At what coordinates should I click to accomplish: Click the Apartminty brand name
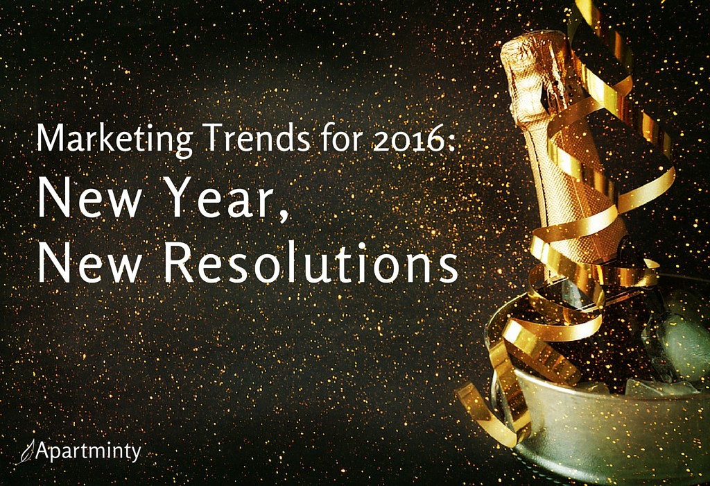pos(88,451)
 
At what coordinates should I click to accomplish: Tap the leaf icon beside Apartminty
pos(27,452)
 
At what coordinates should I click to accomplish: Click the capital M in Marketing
pos(49,138)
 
